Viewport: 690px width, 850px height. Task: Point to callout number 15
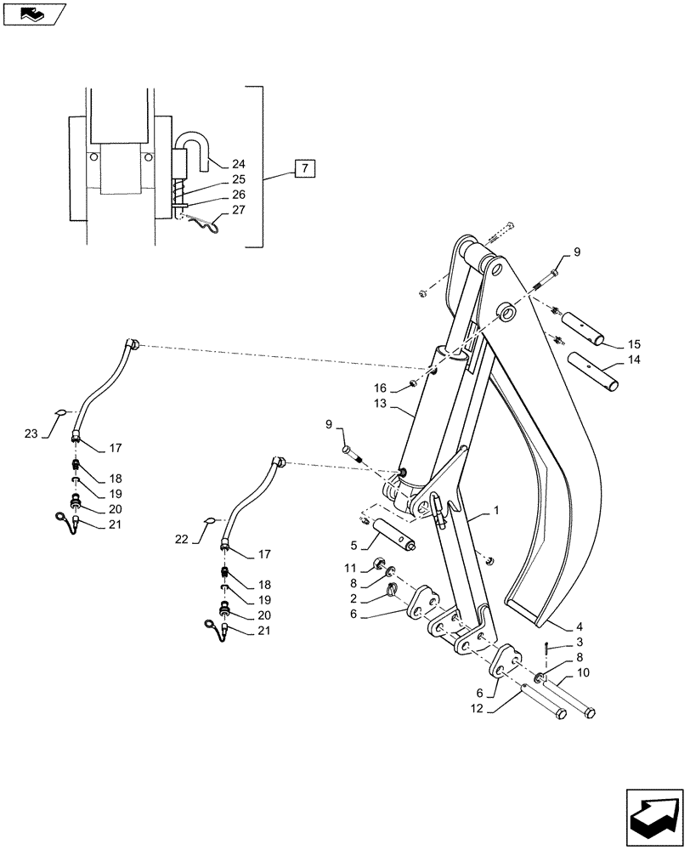(634, 344)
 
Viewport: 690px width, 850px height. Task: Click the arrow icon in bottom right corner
(653, 810)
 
